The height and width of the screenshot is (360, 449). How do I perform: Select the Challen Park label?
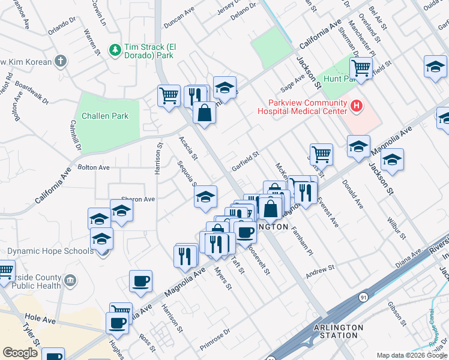coord(105,116)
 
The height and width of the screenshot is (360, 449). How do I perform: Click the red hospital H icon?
coord(357,107)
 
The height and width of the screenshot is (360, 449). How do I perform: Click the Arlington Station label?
coord(338,331)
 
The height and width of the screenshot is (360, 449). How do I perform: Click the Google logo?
coord(20,353)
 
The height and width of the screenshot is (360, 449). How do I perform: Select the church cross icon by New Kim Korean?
coord(60,61)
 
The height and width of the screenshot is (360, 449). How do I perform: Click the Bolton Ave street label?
coord(94,167)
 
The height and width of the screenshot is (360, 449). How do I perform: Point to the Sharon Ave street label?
coord(138,199)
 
